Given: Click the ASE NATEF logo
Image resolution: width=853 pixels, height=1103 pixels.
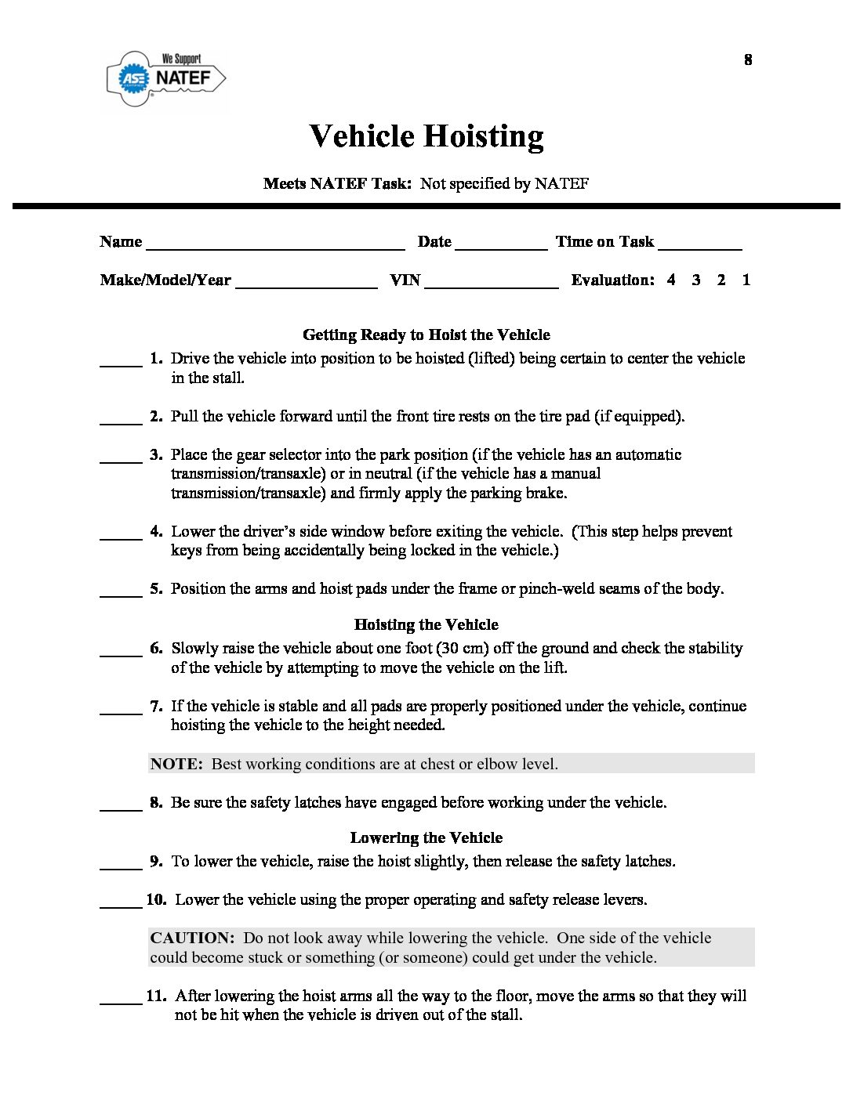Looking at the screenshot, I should pyautogui.click(x=166, y=78).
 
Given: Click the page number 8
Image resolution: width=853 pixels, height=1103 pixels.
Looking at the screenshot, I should pyautogui.click(x=748, y=60).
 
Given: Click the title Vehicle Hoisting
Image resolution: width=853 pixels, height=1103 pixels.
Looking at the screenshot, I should pyautogui.click(x=426, y=136).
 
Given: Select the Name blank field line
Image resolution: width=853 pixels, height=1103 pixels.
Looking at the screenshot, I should pyautogui.click(x=275, y=247).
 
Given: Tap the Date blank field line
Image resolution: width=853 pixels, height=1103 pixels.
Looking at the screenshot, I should pyautogui.click(x=501, y=247).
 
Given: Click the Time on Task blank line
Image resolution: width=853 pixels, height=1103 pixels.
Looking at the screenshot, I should pyautogui.click(x=700, y=247).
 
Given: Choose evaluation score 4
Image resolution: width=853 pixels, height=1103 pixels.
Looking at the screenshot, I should pyautogui.click(x=671, y=280).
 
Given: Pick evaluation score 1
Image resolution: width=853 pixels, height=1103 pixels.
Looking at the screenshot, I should pyautogui.click(x=746, y=280).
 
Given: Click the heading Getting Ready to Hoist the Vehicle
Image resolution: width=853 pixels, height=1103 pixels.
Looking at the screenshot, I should pyautogui.click(x=426, y=335).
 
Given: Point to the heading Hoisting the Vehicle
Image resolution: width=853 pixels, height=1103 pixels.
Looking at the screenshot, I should pyautogui.click(x=426, y=625).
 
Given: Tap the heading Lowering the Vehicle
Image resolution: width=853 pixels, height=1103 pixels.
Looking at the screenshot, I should pyautogui.click(x=426, y=838).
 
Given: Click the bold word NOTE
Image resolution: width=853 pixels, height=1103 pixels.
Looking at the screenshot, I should pyautogui.click(x=176, y=765).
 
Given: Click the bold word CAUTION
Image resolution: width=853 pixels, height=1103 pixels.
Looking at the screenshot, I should pyautogui.click(x=192, y=938).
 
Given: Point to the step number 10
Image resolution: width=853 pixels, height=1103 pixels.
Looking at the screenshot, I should pyautogui.click(x=156, y=900).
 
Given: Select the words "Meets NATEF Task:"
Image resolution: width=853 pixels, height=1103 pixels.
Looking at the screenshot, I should pyautogui.click(x=337, y=184).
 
